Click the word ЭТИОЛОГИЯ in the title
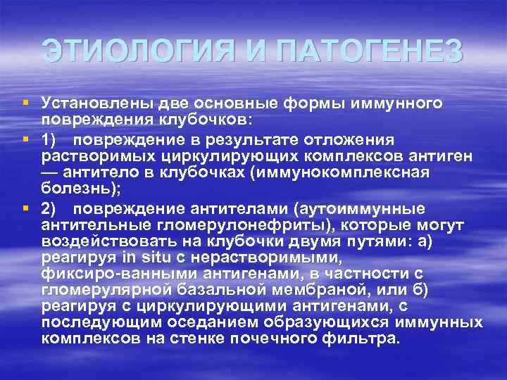tap(137, 51)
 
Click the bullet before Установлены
tap(25, 103)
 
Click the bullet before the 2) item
tap(25, 208)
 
